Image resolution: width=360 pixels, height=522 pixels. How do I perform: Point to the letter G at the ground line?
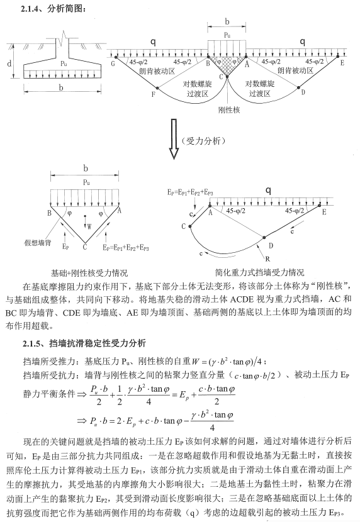point(113,62)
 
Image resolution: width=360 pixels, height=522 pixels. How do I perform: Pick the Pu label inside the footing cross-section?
point(62,64)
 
